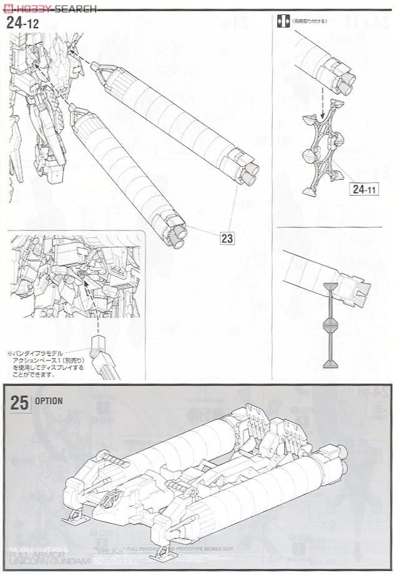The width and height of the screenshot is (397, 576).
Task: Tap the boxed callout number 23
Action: (227, 237)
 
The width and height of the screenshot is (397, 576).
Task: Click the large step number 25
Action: (19, 403)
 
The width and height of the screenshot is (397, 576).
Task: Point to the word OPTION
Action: (49, 402)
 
